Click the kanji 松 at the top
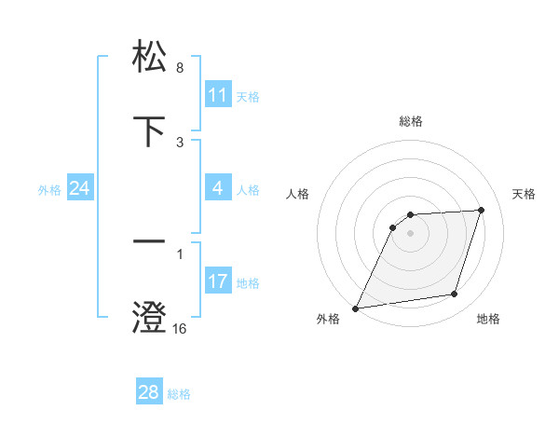click(150, 57)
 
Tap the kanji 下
click(150, 131)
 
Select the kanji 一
click(150, 243)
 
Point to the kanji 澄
click(150, 318)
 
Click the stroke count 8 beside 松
click(179, 68)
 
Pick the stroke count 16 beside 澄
click(180, 329)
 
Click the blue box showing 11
click(217, 95)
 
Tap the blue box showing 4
click(217, 188)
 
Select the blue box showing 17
click(217, 281)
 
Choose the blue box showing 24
click(79, 188)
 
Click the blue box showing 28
click(148, 392)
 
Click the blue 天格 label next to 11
click(248, 96)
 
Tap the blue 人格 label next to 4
click(248, 189)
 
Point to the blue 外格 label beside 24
click(49, 189)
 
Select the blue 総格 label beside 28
click(179, 393)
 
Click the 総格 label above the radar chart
click(411, 121)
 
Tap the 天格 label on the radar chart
click(525, 194)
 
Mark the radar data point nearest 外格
click(356, 308)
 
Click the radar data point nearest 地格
click(455, 294)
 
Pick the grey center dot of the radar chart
click(411, 233)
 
